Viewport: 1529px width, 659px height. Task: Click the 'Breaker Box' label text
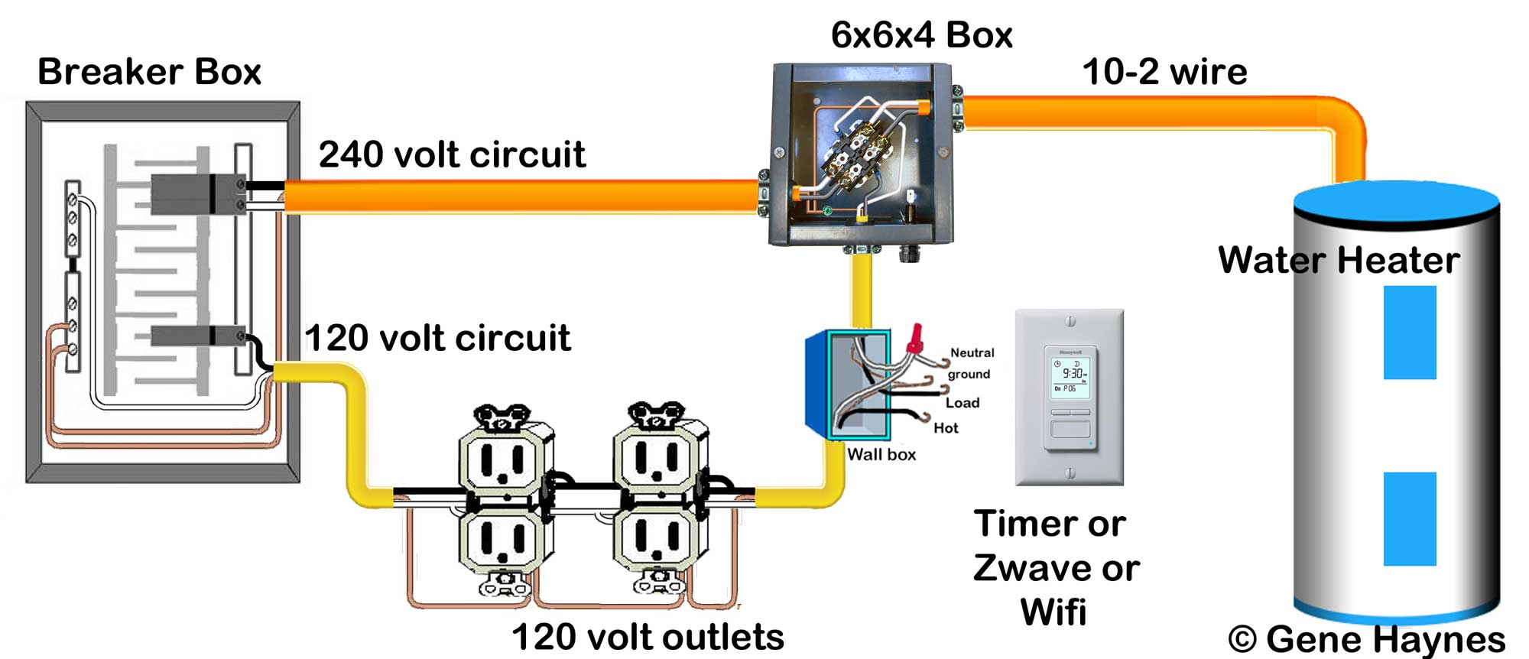point(149,72)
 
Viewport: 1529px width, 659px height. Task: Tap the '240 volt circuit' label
point(452,154)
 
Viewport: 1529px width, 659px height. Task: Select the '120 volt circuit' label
point(437,338)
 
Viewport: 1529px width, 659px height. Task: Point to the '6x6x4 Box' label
point(921,35)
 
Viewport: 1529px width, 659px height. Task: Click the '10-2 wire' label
point(1164,72)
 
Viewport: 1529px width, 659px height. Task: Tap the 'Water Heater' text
point(1338,260)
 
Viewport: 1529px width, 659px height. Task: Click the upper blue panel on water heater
point(1409,333)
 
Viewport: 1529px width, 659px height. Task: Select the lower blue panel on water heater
point(1409,518)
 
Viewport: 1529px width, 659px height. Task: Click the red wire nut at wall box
point(914,339)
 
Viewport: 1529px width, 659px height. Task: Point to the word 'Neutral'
point(972,352)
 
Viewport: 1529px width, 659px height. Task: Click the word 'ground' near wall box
point(969,374)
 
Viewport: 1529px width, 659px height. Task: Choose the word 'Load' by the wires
point(963,403)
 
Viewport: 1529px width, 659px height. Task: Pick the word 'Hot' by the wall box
point(946,428)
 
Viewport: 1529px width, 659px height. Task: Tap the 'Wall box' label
point(881,454)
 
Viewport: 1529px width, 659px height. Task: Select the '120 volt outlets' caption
point(648,637)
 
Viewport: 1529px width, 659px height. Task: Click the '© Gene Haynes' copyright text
point(1366,639)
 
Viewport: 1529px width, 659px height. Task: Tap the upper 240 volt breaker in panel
point(197,194)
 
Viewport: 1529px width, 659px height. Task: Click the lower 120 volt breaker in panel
point(197,336)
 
